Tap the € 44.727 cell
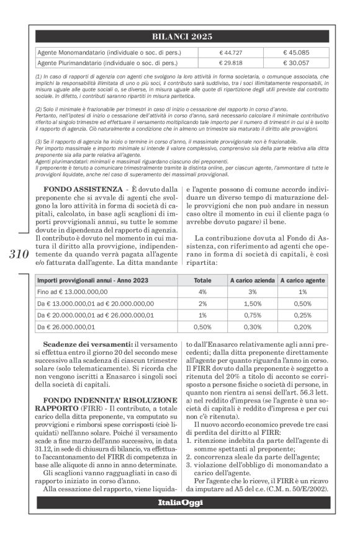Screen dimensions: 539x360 point(231,52)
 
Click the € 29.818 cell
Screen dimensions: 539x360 point(231,63)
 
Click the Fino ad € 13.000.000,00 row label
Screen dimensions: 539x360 point(73,292)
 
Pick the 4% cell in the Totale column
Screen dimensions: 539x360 point(202,292)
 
